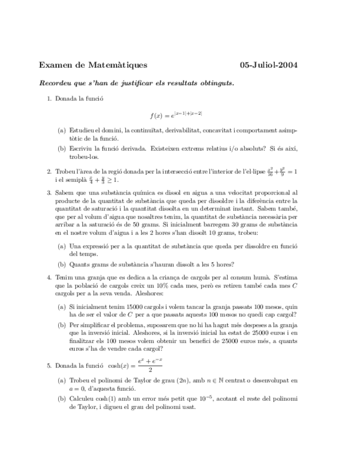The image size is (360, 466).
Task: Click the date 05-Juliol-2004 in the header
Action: click(269, 65)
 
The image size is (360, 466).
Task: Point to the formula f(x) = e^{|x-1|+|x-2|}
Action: click(176, 114)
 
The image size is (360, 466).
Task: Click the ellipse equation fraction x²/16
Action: click(270, 171)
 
